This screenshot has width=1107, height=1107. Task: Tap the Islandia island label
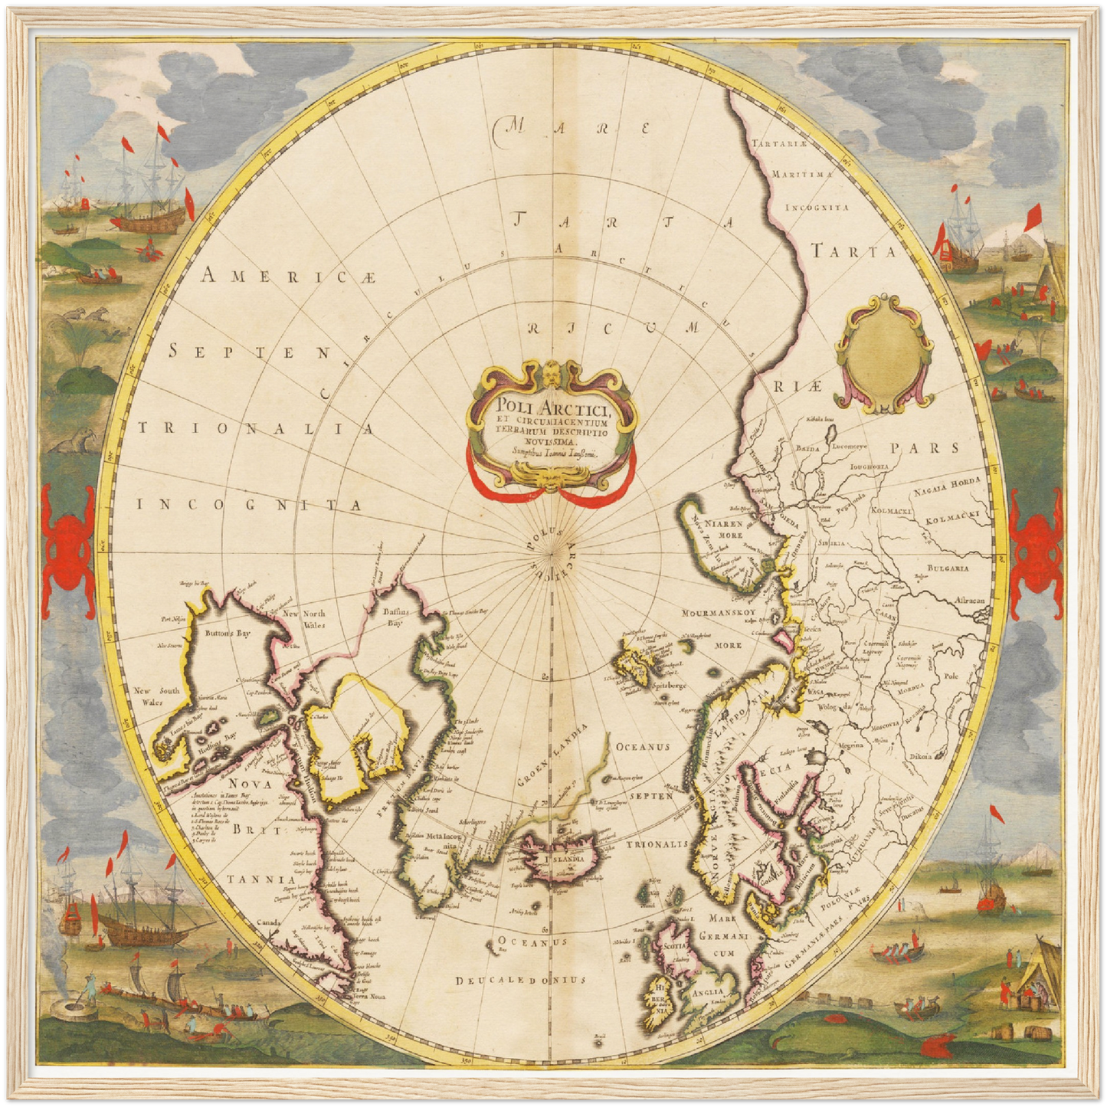tap(565, 859)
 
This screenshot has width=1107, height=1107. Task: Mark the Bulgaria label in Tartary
tap(948, 568)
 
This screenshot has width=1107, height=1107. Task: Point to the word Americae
tap(289, 275)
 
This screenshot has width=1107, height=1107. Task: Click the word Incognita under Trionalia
tap(249, 505)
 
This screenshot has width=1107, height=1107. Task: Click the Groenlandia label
tap(552, 758)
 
